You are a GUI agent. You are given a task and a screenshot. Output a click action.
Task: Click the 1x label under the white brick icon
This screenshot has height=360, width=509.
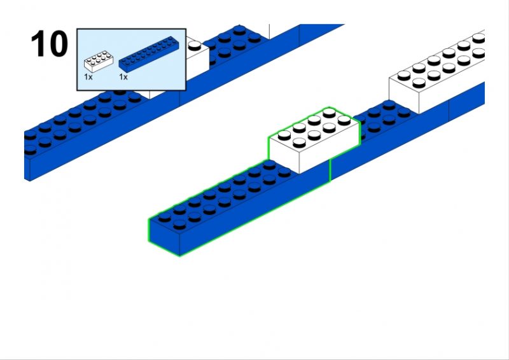click(88, 76)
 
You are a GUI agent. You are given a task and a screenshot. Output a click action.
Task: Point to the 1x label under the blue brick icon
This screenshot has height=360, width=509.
click(123, 76)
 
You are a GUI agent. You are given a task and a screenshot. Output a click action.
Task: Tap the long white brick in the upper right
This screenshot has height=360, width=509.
click(439, 70)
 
